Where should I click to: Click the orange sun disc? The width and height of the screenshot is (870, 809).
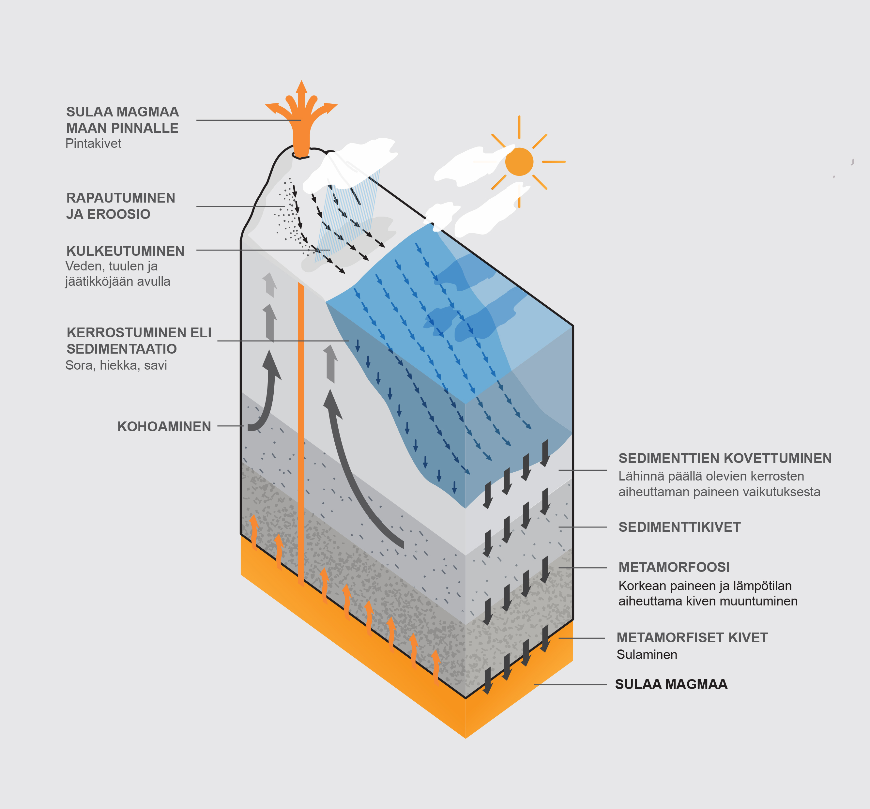[x=519, y=161]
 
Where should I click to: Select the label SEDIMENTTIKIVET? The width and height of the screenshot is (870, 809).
[x=679, y=527]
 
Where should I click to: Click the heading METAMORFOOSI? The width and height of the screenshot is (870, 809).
[x=674, y=567]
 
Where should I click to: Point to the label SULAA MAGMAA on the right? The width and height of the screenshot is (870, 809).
[x=671, y=684]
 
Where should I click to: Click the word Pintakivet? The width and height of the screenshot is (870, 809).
[x=93, y=144]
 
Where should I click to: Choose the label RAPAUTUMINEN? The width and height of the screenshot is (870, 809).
[x=121, y=198]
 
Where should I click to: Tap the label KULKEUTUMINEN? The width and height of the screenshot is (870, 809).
[x=125, y=251]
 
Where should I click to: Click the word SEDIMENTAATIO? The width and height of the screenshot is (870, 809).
[x=122, y=349]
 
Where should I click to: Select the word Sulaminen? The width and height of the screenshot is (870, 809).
[x=647, y=655]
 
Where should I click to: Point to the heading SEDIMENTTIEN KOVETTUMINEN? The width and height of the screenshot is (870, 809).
[x=725, y=458]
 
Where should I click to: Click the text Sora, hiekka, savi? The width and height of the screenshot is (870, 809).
[x=116, y=365]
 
